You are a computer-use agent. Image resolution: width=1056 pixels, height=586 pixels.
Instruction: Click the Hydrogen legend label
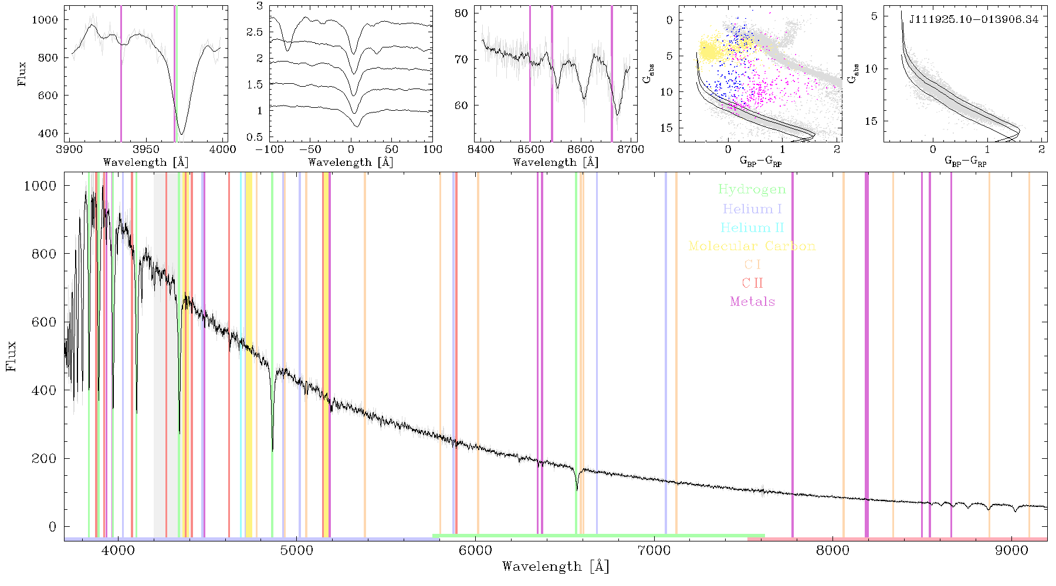(752, 190)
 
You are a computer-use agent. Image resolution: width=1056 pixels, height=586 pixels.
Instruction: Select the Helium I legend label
(752, 209)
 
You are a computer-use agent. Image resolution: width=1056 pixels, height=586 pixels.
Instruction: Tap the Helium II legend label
(752, 227)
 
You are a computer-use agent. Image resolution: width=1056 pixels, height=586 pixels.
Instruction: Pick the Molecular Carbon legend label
(752, 246)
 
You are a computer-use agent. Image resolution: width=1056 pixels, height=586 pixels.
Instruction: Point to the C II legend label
(752, 283)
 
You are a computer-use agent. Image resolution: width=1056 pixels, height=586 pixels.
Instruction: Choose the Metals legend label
(752, 302)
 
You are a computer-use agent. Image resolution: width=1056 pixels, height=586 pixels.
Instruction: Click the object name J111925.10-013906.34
(974, 20)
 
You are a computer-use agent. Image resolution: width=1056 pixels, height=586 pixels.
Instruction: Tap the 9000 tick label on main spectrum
(1011, 551)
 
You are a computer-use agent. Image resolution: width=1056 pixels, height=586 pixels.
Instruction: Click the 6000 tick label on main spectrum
(476, 551)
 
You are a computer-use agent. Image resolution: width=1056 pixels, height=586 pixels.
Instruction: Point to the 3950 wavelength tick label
(146, 149)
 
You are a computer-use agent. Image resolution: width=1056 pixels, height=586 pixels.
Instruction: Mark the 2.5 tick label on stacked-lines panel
(254, 32)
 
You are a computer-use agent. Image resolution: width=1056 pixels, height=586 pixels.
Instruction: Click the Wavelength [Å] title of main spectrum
(556, 567)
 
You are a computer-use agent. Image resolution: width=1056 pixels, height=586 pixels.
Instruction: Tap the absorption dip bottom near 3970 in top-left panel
(181, 134)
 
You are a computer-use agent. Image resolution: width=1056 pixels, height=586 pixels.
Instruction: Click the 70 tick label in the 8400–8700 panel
(462, 59)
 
